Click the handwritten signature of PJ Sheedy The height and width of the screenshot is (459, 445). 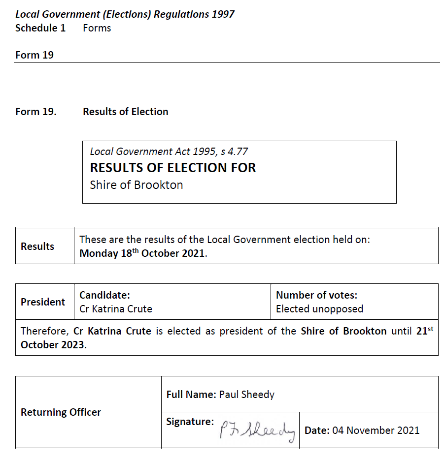[258, 431]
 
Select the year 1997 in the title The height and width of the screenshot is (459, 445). [223, 14]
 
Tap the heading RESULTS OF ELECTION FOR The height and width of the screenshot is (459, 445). [173, 168]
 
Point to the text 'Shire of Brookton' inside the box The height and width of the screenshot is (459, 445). [137, 185]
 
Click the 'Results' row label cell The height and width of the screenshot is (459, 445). [37, 246]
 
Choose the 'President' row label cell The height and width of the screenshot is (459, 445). [43, 302]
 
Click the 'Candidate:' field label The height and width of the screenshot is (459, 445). [104, 295]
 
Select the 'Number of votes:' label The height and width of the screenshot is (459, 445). [316, 295]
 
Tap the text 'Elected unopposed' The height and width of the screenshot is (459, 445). [319, 309]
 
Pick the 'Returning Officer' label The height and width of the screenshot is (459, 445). [61, 412]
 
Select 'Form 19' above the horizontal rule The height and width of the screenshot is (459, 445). [34, 55]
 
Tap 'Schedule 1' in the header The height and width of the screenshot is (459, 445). [40, 28]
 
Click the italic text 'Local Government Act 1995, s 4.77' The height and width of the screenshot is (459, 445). [169, 152]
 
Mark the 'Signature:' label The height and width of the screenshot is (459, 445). [190, 422]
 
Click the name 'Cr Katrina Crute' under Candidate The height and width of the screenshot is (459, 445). [116, 309]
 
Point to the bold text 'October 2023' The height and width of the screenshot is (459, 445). [53, 344]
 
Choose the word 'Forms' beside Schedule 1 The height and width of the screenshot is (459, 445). [97, 28]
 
